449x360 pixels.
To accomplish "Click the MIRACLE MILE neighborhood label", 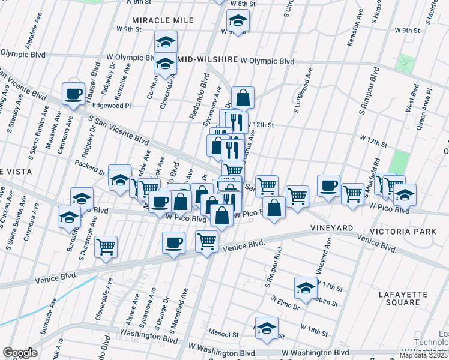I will click(164, 20).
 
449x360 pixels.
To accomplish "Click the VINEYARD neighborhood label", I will click(332, 229).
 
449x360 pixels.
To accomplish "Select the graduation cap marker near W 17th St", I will click(306, 288).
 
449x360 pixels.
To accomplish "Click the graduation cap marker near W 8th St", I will click(238, 22).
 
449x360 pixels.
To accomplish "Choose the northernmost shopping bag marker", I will click(243, 97).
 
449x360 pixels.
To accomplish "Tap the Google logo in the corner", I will click(19, 353).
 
